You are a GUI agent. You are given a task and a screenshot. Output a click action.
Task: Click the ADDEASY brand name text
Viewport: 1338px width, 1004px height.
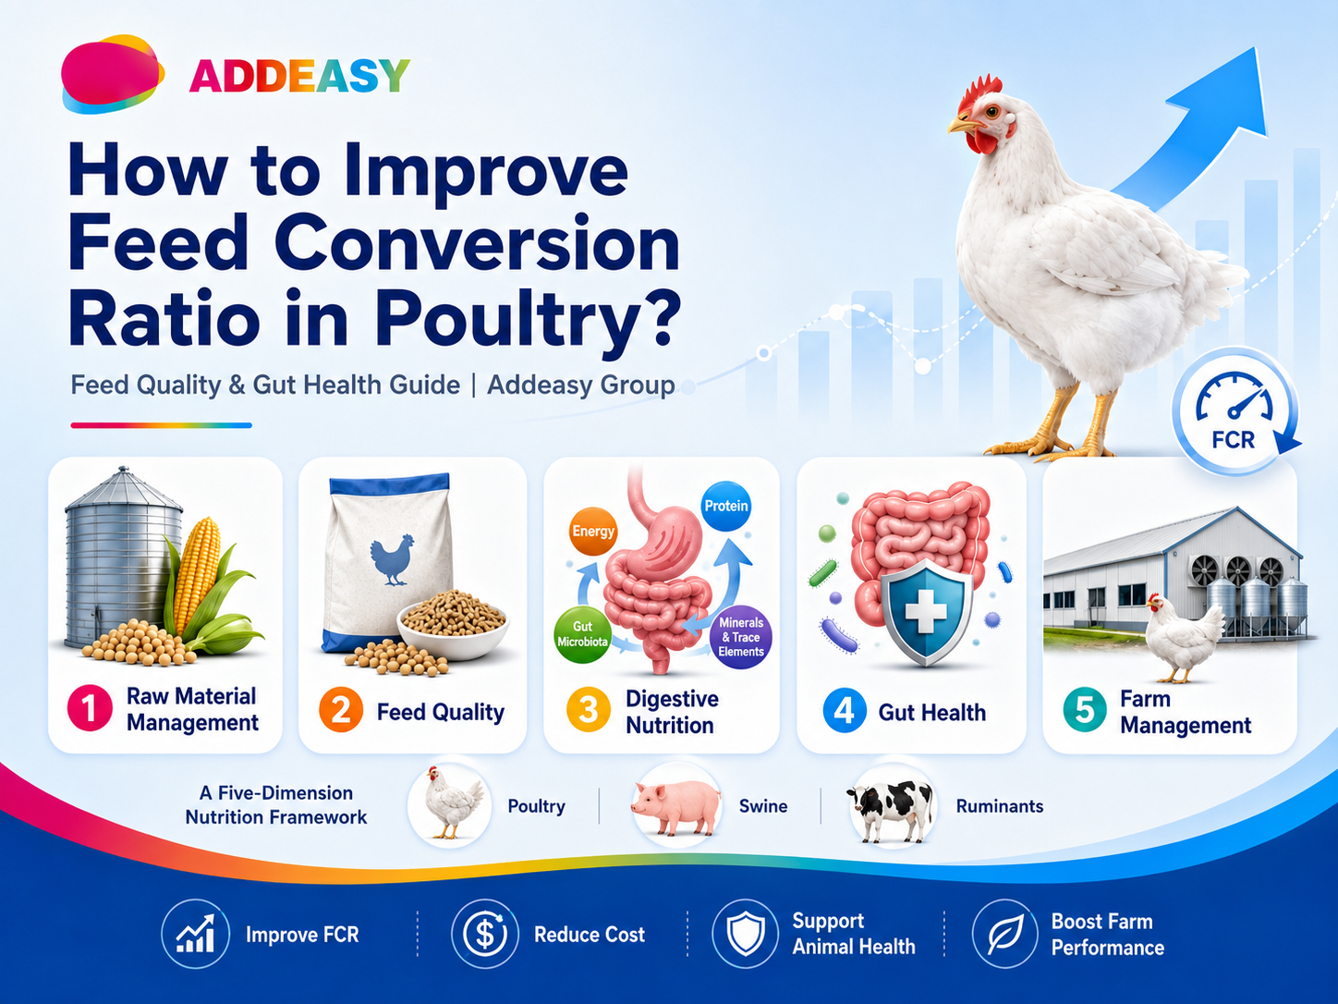pyautogui.click(x=299, y=76)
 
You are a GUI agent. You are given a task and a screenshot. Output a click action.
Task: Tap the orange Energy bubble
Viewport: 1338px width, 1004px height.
pyautogui.click(x=592, y=531)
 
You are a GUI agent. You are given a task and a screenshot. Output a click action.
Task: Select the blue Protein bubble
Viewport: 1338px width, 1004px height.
pyautogui.click(x=725, y=506)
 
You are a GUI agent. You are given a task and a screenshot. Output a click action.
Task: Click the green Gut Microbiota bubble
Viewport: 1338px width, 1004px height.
pyautogui.click(x=582, y=634)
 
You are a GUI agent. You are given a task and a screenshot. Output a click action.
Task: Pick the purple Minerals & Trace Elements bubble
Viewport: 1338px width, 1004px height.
pyautogui.click(x=741, y=637)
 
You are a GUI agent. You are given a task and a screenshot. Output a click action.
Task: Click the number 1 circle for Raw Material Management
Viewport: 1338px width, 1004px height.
pyautogui.click(x=90, y=708)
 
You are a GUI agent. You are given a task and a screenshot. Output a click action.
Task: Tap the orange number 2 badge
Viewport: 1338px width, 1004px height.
pyautogui.click(x=341, y=710)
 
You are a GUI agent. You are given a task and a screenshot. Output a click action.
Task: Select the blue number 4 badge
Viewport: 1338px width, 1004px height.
pyautogui.click(x=845, y=710)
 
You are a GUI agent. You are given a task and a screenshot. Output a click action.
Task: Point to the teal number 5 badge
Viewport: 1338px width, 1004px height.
pyautogui.click(x=1085, y=710)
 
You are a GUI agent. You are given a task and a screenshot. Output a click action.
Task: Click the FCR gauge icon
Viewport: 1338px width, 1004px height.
pyautogui.click(x=1235, y=411)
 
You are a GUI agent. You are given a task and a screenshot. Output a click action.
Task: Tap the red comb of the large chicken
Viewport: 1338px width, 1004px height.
pyautogui.click(x=979, y=92)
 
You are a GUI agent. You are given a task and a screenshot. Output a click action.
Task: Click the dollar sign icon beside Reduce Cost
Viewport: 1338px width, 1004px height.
pyautogui.click(x=484, y=934)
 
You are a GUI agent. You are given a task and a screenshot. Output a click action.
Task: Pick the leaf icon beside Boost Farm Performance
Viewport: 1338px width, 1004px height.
pyautogui.click(x=1004, y=934)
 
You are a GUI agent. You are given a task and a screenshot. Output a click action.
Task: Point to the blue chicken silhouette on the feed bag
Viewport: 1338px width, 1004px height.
pyautogui.click(x=392, y=559)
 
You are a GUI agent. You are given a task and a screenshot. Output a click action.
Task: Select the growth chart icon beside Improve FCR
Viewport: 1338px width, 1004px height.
pyautogui.click(x=196, y=934)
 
